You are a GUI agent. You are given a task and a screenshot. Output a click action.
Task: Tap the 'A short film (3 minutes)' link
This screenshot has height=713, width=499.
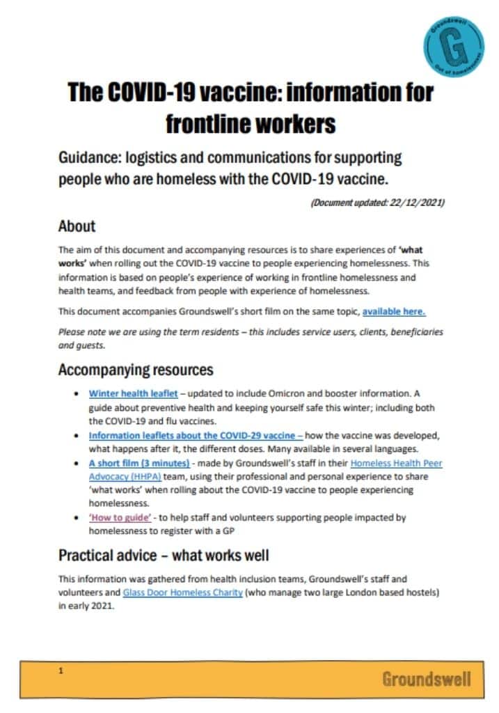pyautogui.click(x=139, y=463)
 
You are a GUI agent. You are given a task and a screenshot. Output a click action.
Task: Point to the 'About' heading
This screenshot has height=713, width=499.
pyautogui.click(x=77, y=226)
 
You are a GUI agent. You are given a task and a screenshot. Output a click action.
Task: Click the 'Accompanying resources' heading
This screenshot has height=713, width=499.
pyautogui.click(x=136, y=369)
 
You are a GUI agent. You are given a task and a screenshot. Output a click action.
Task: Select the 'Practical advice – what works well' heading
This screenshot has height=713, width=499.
pyautogui.click(x=164, y=555)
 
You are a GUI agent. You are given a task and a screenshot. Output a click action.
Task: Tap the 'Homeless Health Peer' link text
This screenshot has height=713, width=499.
pyautogui.click(x=396, y=463)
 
